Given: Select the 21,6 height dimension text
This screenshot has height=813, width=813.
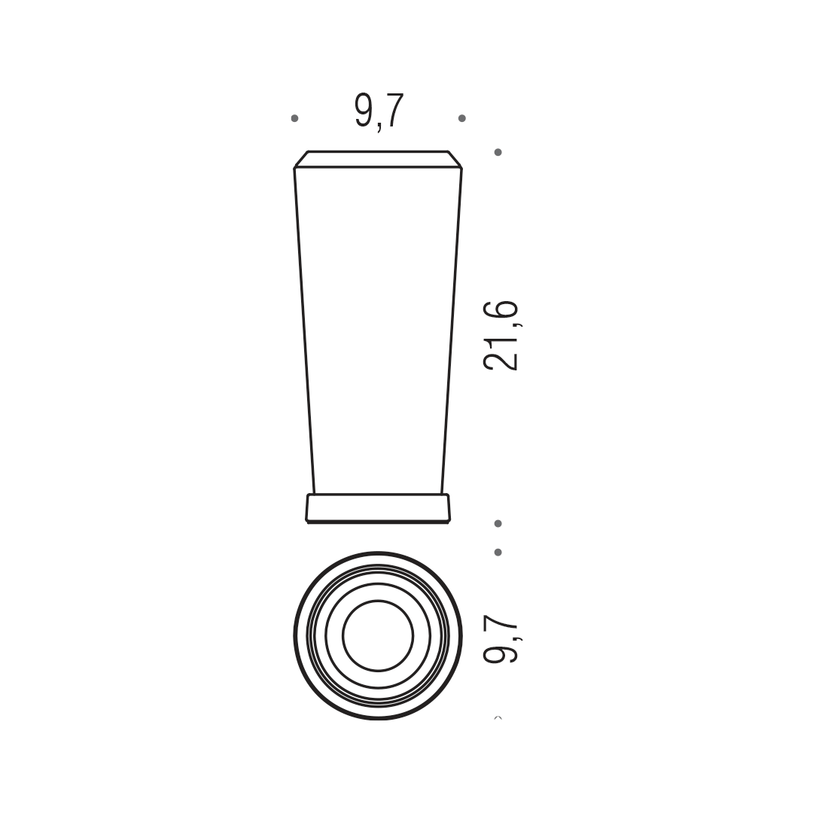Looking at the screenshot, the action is click(501, 336).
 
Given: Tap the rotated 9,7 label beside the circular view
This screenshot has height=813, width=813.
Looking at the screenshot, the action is click(501, 638).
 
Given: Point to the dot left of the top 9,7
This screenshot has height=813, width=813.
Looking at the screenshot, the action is click(294, 118).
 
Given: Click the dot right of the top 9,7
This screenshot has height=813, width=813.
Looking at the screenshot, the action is click(462, 118).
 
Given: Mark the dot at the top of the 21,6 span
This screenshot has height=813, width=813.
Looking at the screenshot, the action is click(498, 152).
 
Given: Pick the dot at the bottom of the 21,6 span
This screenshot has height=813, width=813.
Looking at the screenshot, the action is click(498, 524).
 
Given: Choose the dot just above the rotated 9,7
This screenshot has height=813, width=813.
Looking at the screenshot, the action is click(498, 553).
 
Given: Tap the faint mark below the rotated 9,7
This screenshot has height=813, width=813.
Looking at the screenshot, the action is click(498, 718).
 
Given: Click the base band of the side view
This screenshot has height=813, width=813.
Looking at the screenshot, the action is click(378, 509).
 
